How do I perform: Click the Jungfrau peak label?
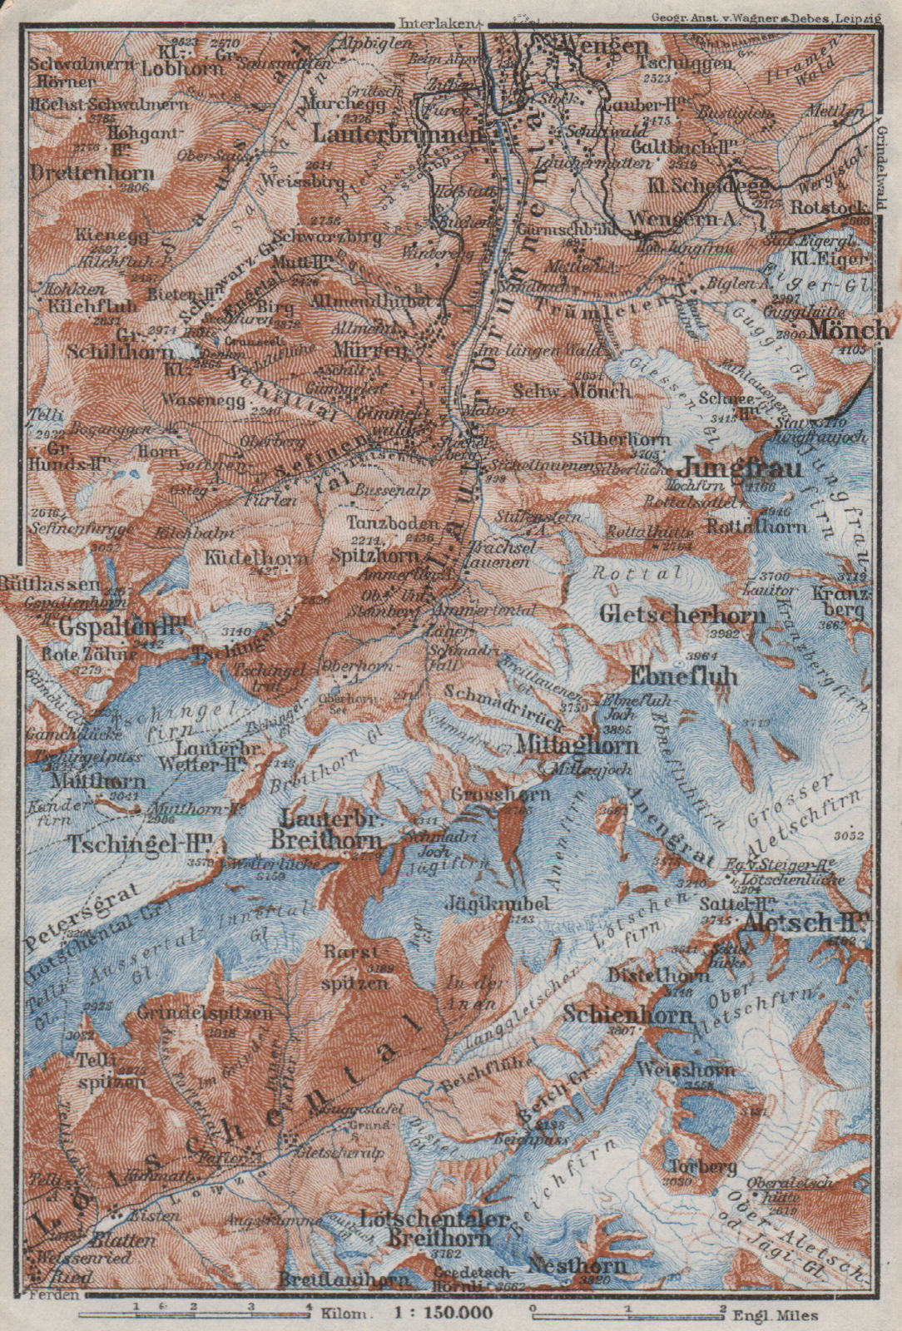click(743, 468)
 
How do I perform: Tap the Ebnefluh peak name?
click(685, 675)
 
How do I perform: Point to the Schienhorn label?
click(640, 1015)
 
